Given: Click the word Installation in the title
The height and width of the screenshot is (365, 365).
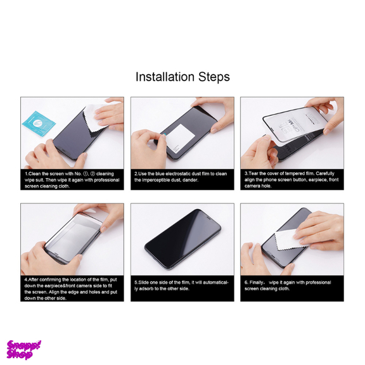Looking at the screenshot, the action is [165, 77].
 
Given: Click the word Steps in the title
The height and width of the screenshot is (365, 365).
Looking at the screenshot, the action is [214, 77].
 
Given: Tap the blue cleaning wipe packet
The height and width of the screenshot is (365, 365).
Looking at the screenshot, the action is [39, 124].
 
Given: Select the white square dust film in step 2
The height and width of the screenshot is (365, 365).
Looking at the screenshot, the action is [181, 138].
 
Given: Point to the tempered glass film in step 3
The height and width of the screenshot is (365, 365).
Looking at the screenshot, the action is [295, 125].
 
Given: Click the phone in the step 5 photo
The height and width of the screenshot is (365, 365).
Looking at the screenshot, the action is [182, 239].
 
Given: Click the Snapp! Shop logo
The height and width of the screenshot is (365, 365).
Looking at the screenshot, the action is [23, 350].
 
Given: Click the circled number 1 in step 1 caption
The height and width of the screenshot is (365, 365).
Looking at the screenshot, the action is [86, 174].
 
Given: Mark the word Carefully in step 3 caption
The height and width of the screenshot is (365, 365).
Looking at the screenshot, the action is [325, 174].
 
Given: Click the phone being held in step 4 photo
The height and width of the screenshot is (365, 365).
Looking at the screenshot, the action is [74, 238].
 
